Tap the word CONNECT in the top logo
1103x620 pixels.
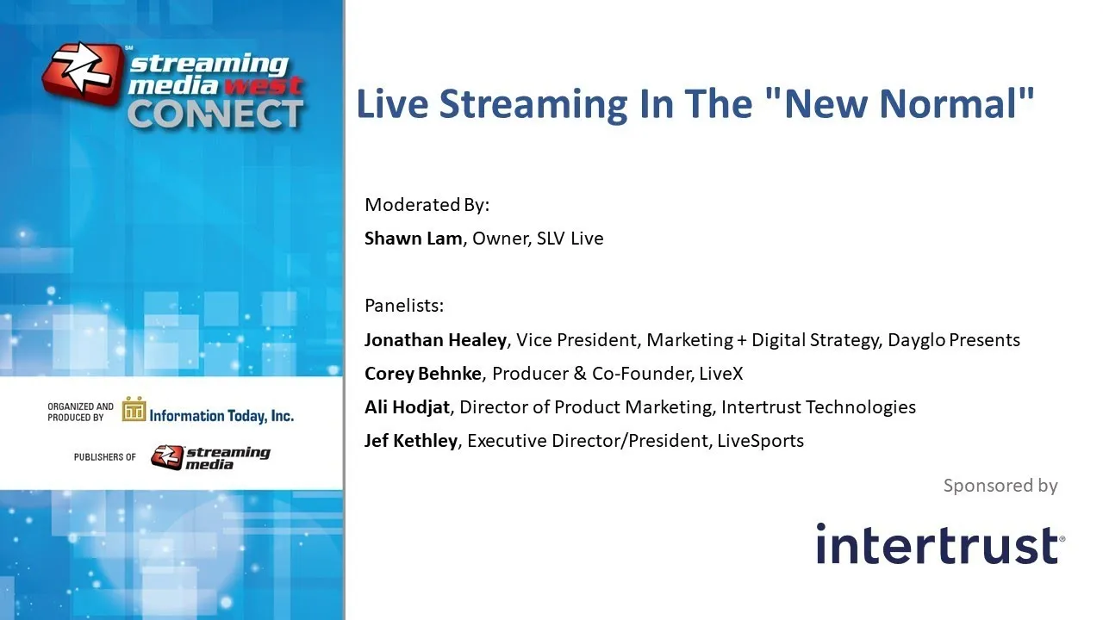(x=215, y=115)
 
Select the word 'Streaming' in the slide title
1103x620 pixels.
(x=533, y=104)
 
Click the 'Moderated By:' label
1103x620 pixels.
(x=427, y=205)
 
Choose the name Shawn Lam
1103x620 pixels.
(x=413, y=239)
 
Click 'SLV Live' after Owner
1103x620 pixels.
(x=570, y=239)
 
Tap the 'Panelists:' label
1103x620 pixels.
(x=404, y=306)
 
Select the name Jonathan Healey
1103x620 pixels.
(x=435, y=340)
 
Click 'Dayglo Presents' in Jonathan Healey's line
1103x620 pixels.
(x=954, y=340)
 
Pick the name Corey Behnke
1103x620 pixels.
(x=422, y=374)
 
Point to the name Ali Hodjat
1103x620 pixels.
(x=407, y=407)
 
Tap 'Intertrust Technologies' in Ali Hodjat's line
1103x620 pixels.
(x=819, y=407)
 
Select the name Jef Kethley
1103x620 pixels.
(x=411, y=440)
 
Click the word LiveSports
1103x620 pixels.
(x=760, y=440)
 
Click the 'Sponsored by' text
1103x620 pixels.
(x=1000, y=486)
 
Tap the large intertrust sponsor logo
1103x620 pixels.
(x=940, y=543)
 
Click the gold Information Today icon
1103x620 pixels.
(x=134, y=409)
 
